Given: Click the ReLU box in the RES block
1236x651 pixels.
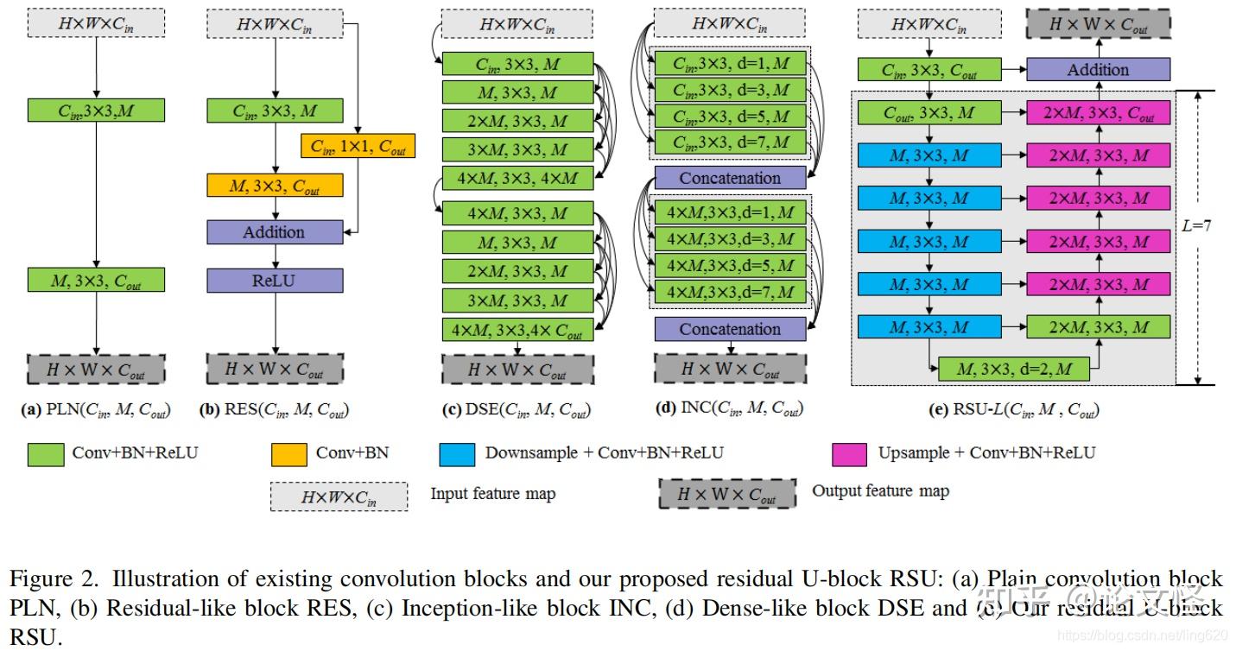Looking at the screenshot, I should [x=275, y=280].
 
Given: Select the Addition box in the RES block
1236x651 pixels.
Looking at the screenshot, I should [x=275, y=231].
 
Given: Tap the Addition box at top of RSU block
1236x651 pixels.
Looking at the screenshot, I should [x=1098, y=70].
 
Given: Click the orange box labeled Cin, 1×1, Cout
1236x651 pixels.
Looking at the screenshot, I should [x=358, y=146].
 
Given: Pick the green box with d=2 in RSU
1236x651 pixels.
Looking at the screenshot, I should [x=1013, y=370].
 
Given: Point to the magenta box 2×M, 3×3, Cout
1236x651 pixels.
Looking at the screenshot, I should [x=1098, y=112].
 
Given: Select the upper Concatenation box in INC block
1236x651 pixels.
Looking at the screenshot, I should [x=730, y=178].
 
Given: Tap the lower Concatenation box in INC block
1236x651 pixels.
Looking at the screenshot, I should [x=730, y=329].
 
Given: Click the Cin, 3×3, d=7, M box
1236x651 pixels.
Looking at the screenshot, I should [x=730, y=142].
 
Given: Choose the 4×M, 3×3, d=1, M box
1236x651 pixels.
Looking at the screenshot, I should [x=730, y=211].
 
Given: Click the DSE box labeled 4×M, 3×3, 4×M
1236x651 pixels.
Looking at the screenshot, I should [x=517, y=179].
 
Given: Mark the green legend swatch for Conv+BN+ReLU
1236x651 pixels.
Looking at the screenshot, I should [x=46, y=453].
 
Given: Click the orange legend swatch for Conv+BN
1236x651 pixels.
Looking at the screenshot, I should [x=289, y=453].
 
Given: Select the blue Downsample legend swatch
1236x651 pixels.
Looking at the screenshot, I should [x=457, y=453].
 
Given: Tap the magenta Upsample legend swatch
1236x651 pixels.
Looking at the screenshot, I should [x=849, y=453].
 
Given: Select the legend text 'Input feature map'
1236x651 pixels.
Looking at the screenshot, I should [x=492, y=494].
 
